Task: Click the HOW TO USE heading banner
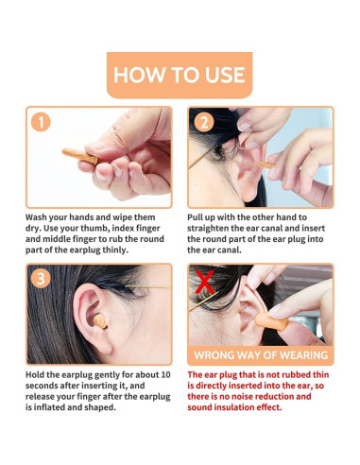[180, 75]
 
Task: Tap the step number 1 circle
[41, 122]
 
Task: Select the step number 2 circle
[204, 122]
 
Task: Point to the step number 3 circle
[41, 279]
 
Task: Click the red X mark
[205, 283]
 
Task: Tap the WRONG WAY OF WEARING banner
[261, 355]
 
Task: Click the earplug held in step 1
[80, 156]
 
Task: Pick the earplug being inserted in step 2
[266, 164]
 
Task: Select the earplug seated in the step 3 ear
[100, 321]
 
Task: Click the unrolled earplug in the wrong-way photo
[271, 321]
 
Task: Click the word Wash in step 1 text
[36, 217]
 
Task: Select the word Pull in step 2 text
[195, 217]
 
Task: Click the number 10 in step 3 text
[165, 375]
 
